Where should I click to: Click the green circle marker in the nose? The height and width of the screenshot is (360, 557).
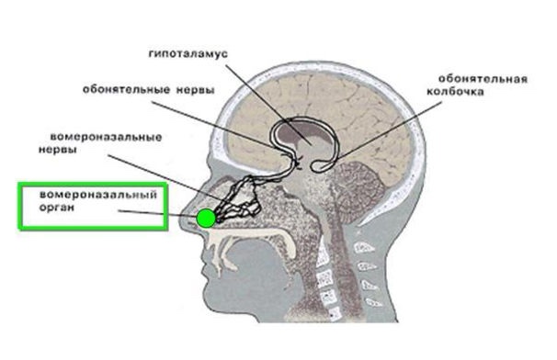click(x=206, y=218)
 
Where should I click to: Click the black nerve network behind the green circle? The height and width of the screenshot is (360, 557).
click(x=244, y=197)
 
